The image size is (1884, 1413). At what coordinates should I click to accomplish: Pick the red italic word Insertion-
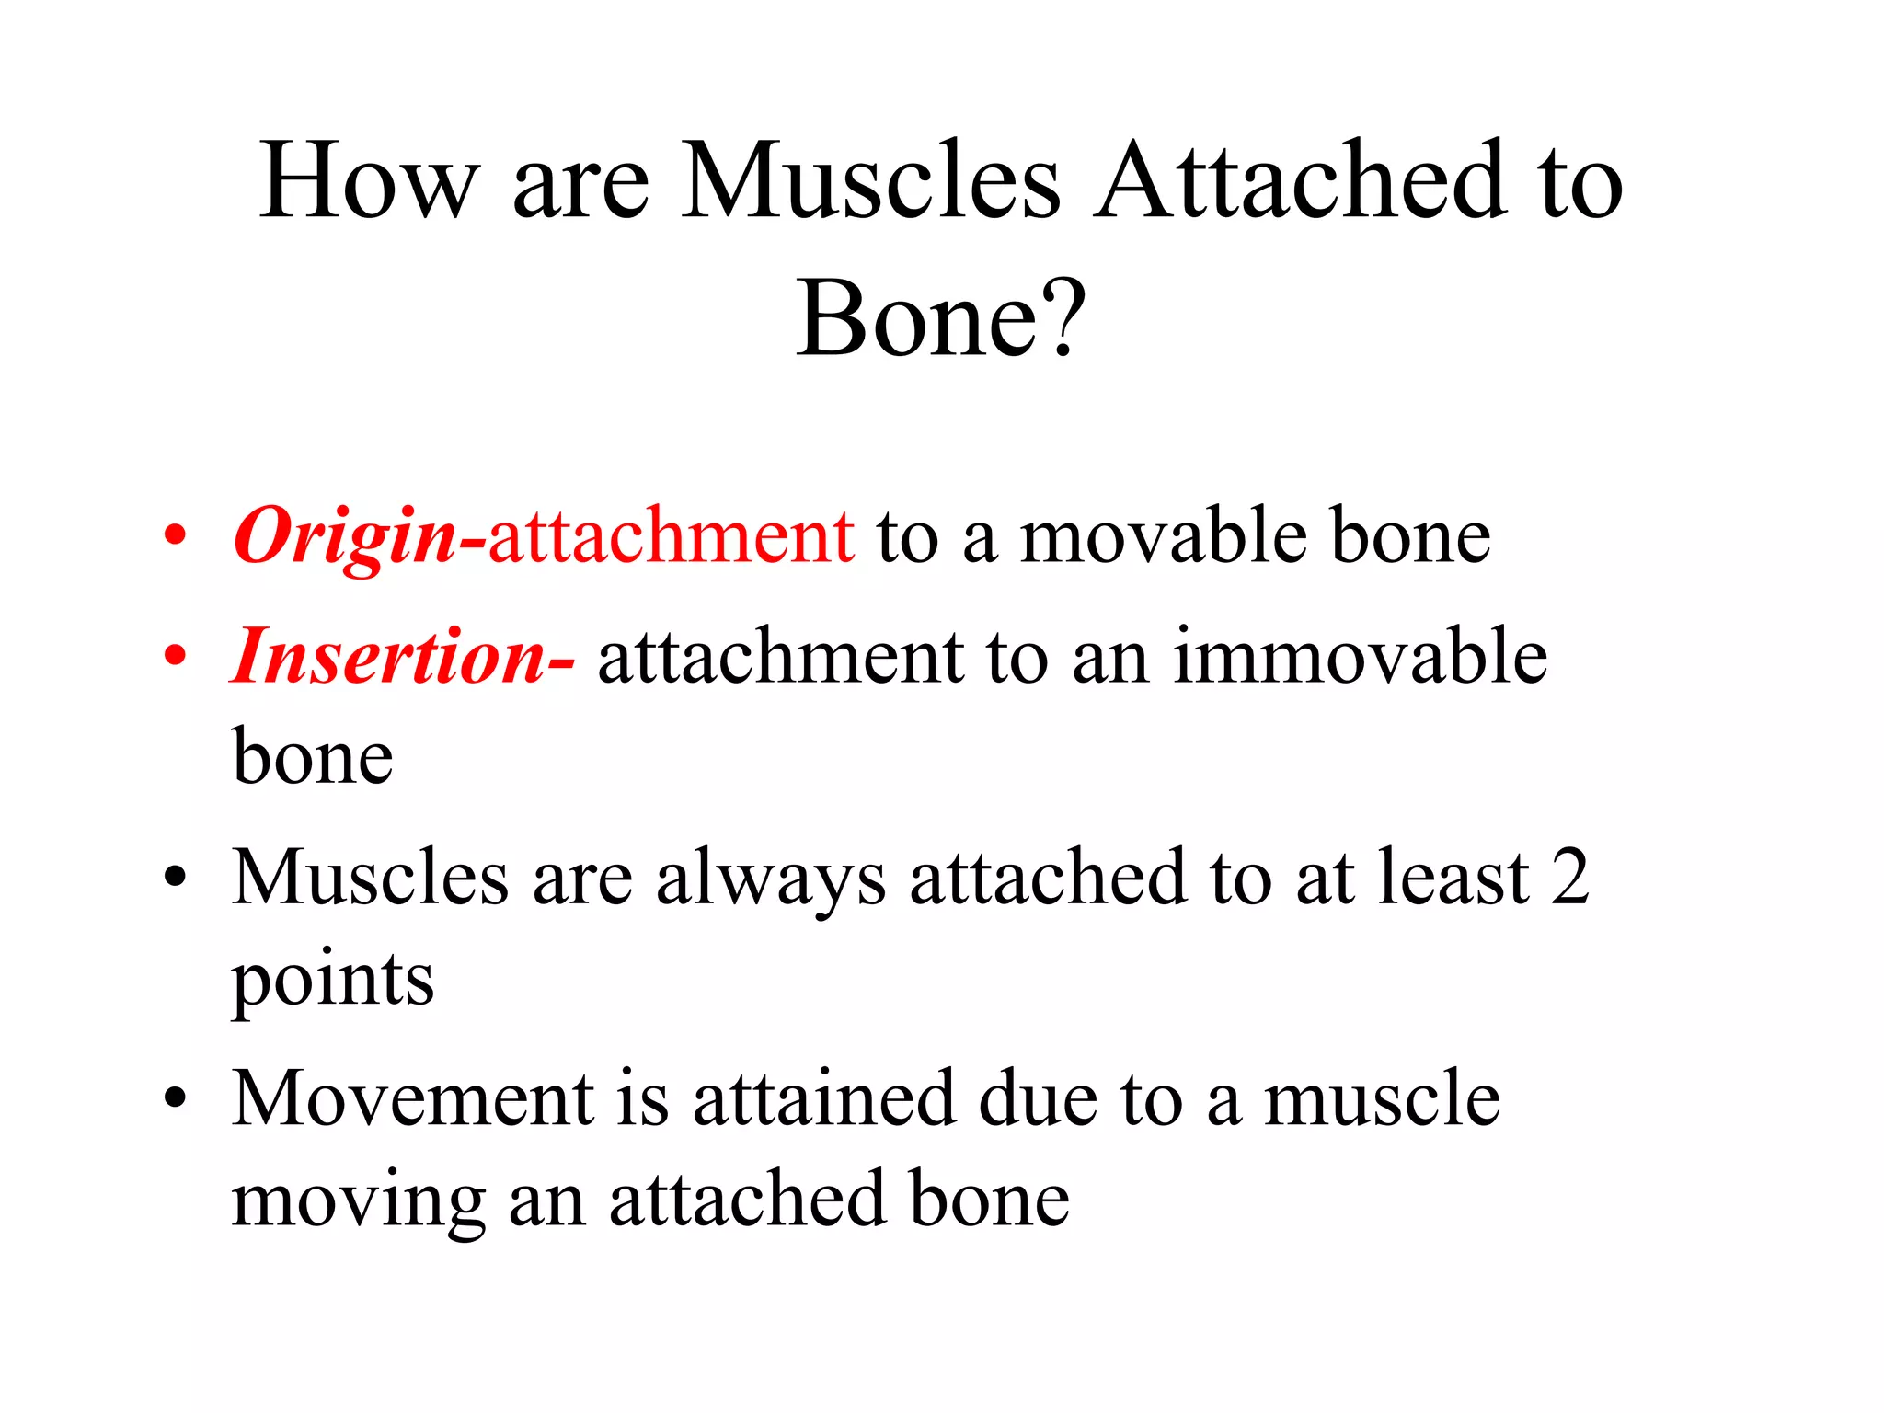click(402, 657)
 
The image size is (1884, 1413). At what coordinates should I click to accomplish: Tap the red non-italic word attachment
click(671, 536)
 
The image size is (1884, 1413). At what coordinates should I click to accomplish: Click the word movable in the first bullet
click(1164, 536)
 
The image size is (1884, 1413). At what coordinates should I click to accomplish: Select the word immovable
click(1360, 657)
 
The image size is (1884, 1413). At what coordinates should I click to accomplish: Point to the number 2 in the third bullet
click(1569, 878)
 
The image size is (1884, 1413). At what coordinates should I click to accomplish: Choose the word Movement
click(413, 1098)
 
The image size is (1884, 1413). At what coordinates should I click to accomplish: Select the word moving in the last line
click(358, 1201)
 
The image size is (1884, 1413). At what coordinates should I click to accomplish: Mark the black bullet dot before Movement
click(175, 1098)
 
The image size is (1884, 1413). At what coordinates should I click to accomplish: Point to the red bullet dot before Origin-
click(175, 536)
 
